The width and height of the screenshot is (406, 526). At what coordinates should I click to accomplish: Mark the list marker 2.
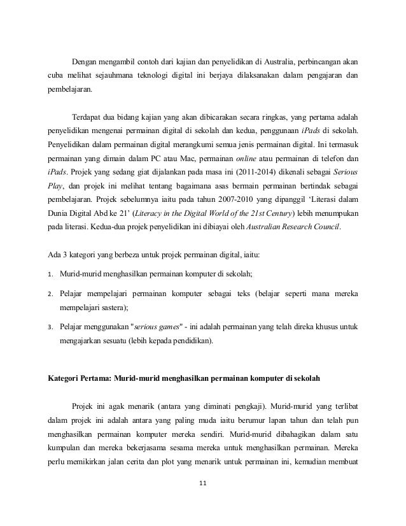click(50, 294)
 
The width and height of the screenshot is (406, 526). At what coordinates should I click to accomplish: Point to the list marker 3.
click(50, 327)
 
